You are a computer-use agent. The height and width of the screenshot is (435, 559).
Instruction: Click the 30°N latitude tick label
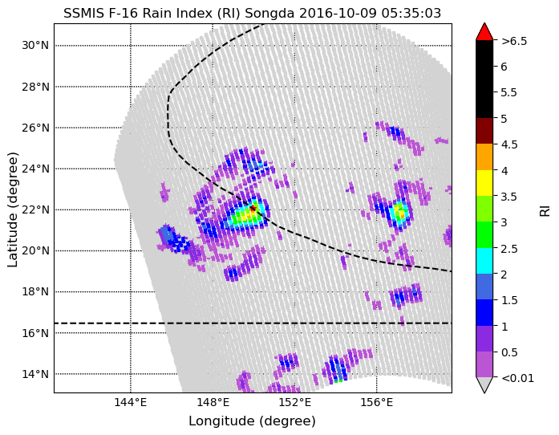tap(35, 46)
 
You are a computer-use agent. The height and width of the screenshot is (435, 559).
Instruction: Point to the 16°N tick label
tap(35, 333)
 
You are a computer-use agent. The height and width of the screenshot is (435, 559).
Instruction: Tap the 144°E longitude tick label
tap(131, 403)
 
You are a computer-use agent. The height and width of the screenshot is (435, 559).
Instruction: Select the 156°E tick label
tap(377, 403)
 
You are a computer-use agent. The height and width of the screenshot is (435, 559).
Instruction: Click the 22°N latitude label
tap(35, 209)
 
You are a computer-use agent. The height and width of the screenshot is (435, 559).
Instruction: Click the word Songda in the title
tap(269, 14)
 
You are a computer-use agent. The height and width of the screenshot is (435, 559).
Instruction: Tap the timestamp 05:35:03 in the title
tap(411, 14)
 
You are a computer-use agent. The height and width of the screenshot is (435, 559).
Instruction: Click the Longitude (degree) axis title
tap(252, 421)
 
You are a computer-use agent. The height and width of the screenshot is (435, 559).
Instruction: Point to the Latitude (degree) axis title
tap(13, 209)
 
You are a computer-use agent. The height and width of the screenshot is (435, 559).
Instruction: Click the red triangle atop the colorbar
tap(484, 32)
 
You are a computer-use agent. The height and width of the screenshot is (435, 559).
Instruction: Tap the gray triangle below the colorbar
tap(484, 384)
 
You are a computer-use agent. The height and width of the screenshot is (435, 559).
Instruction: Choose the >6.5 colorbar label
tap(514, 41)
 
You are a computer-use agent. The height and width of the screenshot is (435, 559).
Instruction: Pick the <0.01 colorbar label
tap(517, 378)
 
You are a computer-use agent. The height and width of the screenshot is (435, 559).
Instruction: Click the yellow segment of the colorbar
tap(484, 183)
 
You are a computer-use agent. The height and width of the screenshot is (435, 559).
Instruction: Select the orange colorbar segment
tap(484, 157)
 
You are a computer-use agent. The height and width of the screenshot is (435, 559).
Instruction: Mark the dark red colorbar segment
tap(484, 131)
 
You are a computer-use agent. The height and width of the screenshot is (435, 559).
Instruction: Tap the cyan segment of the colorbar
tap(484, 261)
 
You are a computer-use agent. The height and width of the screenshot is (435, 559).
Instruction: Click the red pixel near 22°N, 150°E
tap(253, 208)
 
